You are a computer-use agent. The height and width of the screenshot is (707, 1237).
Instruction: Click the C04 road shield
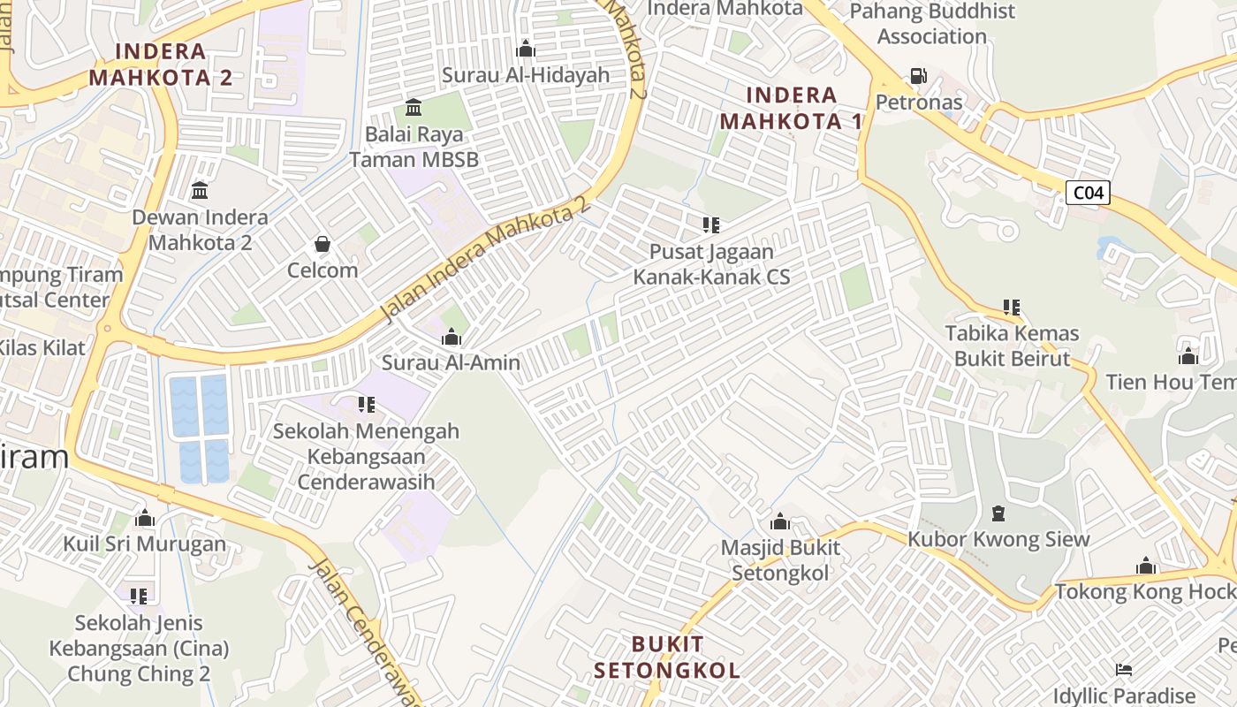(x=1087, y=193)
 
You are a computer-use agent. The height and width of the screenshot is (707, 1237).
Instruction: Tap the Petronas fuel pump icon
(x=919, y=76)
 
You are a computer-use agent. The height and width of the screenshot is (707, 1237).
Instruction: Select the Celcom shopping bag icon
(x=323, y=243)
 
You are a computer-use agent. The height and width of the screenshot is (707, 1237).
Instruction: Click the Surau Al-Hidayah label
(x=526, y=75)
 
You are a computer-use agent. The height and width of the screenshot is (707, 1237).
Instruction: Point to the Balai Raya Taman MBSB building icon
(x=413, y=108)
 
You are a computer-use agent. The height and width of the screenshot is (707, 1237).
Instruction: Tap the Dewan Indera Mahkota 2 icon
(x=200, y=190)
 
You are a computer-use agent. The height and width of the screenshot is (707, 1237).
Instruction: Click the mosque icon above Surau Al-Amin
(x=452, y=337)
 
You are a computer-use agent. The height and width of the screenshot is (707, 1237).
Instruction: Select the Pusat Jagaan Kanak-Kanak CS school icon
(x=710, y=225)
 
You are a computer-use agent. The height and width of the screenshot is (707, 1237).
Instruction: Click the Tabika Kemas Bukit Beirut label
(x=1013, y=346)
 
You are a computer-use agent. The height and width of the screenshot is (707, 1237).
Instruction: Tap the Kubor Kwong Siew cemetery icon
(x=998, y=513)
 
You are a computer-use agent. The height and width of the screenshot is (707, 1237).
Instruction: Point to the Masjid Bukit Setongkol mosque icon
(x=779, y=521)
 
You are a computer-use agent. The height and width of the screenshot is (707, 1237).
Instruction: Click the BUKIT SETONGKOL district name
(x=667, y=657)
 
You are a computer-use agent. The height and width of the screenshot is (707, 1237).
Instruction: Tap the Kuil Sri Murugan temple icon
(x=145, y=518)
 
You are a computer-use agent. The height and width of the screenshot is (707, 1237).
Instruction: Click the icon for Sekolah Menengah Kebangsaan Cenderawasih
(x=366, y=405)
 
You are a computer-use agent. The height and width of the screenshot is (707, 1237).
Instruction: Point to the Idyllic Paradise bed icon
(x=1124, y=669)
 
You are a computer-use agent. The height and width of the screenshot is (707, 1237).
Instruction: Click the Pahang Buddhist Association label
(x=932, y=24)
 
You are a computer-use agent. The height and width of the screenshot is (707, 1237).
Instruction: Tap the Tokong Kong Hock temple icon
(x=1146, y=566)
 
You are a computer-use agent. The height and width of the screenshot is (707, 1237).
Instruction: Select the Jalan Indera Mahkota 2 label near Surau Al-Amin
(x=485, y=259)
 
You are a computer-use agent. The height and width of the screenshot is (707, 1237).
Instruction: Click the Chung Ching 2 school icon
(x=139, y=597)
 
